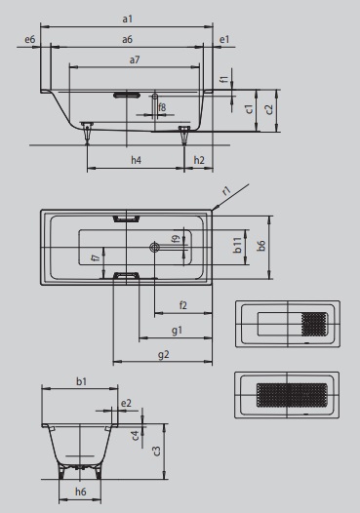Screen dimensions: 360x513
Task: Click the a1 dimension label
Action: pos(127,19)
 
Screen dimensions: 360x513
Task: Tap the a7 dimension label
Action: pos(135,59)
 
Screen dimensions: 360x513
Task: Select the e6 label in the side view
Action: pos(30,40)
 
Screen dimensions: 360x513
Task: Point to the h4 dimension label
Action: pos(136,160)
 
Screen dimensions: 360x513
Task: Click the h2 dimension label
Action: pos(199,160)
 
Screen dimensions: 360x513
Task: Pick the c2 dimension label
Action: pos(269,109)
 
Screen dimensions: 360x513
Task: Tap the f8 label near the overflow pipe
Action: pos(162,107)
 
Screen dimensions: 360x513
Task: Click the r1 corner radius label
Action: pos(226,191)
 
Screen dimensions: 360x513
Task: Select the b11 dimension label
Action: pos(238,245)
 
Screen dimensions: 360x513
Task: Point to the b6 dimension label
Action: pos(260,246)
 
